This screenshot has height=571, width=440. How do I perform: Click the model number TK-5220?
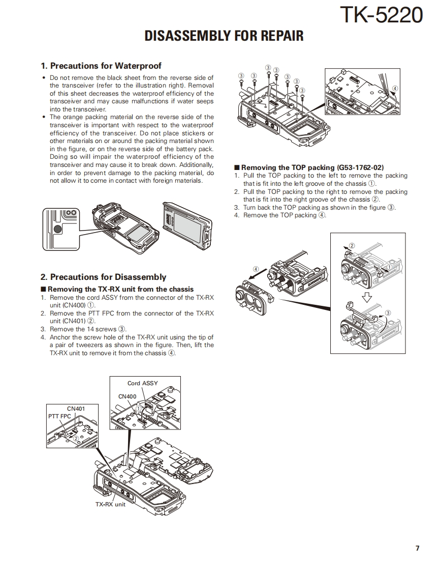point(381,15)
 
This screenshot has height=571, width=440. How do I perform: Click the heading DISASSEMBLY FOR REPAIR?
point(224,36)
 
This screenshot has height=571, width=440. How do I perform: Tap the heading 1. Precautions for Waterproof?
point(101,66)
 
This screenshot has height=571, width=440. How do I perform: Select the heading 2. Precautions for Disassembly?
point(103,277)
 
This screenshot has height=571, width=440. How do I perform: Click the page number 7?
point(417,548)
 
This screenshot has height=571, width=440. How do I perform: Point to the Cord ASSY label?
point(142,383)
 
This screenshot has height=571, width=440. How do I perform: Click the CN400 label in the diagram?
point(127,396)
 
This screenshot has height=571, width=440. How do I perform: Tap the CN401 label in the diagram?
point(76,408)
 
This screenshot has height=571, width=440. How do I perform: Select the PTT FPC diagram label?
point(59,416)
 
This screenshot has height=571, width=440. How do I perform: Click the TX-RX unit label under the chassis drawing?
point(110,504)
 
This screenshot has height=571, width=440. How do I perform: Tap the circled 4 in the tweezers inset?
point(395,88)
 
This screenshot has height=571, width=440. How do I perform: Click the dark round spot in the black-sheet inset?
point(58,229)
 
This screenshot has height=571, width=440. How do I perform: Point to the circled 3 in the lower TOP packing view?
point(388,312)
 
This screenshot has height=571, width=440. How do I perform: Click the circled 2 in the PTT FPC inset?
point(76,438)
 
